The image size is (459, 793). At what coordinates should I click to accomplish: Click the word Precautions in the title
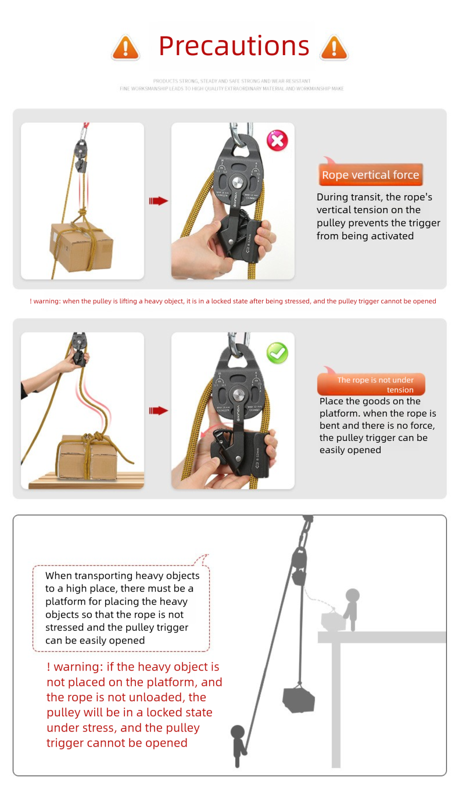click(x=234, y=46)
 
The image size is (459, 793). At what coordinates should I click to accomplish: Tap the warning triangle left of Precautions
click(x=125, y=47)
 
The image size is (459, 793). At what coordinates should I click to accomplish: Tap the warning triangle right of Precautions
click(x=334, y=47)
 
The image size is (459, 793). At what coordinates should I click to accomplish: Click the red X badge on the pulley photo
click(x=277, y=140)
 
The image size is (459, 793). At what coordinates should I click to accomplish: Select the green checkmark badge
click(x=277, y=352)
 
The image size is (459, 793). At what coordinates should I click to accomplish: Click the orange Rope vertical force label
click(x=370, y=175)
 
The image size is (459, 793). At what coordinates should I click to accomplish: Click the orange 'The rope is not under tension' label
click(x=371, y=385)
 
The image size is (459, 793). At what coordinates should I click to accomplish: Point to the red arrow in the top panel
click(x=158, y=201)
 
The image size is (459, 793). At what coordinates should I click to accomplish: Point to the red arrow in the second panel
click(x=158, y=411)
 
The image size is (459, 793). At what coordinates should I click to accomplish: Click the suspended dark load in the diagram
click(x=299, y=699)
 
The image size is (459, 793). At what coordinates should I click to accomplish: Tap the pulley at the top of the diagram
click(x=299, y=561)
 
